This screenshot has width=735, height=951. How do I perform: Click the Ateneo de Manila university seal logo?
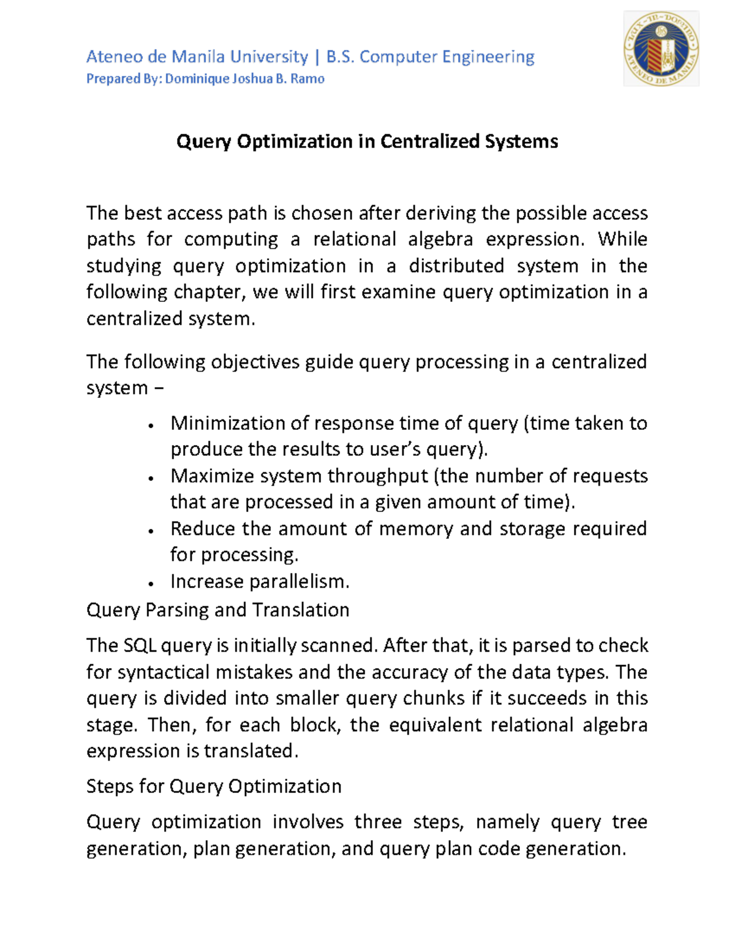pyautogui.click(x=661, y=49)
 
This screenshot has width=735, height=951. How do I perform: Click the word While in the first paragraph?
pyautogui.click(x=622, y=239)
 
